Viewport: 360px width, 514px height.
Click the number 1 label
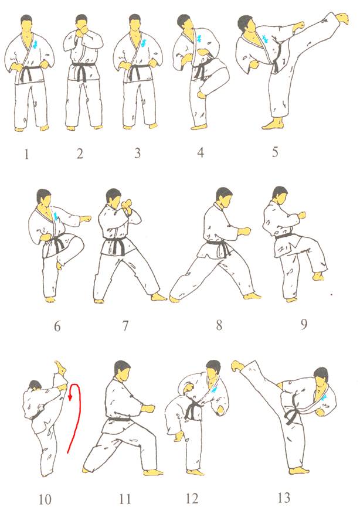26,154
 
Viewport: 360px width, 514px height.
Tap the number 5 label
275,152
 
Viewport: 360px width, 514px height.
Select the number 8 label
219,325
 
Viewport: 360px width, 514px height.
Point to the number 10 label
45,499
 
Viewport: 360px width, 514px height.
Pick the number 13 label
284,498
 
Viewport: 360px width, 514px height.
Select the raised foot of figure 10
60,368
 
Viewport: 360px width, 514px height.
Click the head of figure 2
81,23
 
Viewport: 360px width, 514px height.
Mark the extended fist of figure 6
86,219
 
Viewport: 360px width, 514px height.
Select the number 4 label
201,152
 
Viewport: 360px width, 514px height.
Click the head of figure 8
224,198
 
